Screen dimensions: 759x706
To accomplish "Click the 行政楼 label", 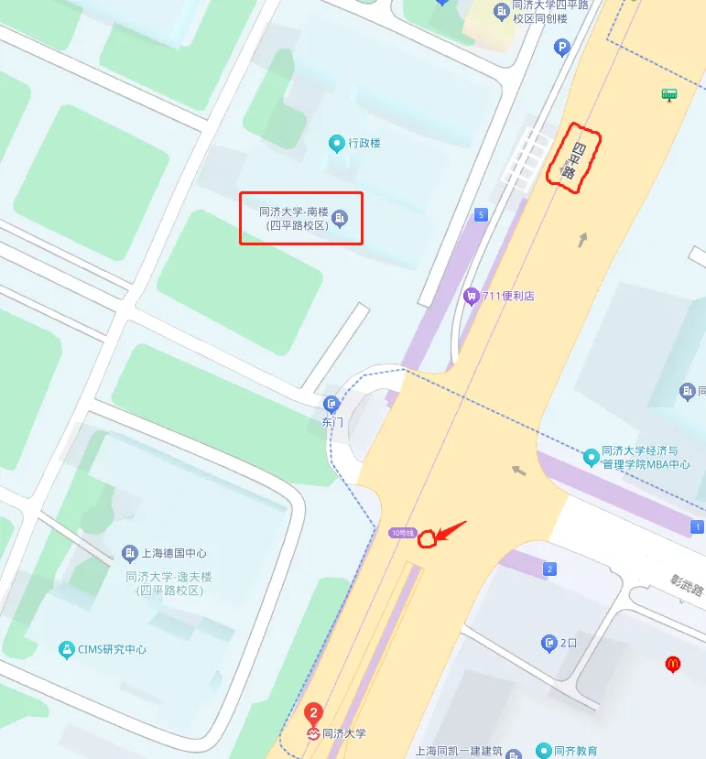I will tap(364, 144).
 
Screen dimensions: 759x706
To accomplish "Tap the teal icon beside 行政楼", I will tap(337, 143).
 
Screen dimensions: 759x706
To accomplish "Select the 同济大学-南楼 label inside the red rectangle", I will tap(294, 217).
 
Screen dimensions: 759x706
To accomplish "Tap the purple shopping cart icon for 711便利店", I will tap(471, 296).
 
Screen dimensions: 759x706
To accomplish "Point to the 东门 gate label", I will tap(331, 422).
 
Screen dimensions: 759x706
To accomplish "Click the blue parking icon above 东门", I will tap(331, 404).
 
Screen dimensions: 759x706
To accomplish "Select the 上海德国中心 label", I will tap(174, 553).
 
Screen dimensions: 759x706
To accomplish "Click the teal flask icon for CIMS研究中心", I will tap(66, 649).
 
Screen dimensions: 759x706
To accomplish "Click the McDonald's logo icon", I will tap(673, 664).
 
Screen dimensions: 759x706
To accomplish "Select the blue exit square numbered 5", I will tap(482, 215).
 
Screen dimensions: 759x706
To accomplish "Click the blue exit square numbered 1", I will tap(698, 527).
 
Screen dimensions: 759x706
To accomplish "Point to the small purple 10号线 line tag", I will tap(402, 533).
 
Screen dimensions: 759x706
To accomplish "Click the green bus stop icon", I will tap(669, 94).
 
